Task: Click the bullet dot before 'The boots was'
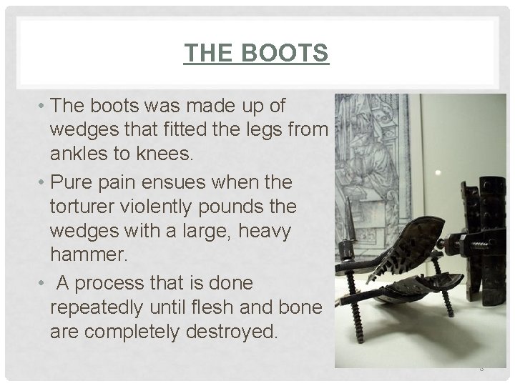[x=44, y=107]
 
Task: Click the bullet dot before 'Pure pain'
[x=44, y=182]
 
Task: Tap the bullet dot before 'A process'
[x=44, y=283]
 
